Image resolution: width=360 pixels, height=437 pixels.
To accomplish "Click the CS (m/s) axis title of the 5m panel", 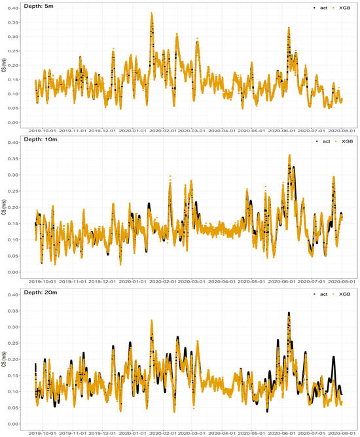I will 5,66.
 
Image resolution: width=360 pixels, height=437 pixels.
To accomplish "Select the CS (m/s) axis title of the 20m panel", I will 5,358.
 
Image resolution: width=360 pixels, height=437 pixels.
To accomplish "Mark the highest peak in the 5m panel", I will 151,13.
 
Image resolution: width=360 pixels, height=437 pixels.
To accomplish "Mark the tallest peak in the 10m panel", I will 289,156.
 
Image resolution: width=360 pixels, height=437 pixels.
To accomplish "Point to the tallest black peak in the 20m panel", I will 289,313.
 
